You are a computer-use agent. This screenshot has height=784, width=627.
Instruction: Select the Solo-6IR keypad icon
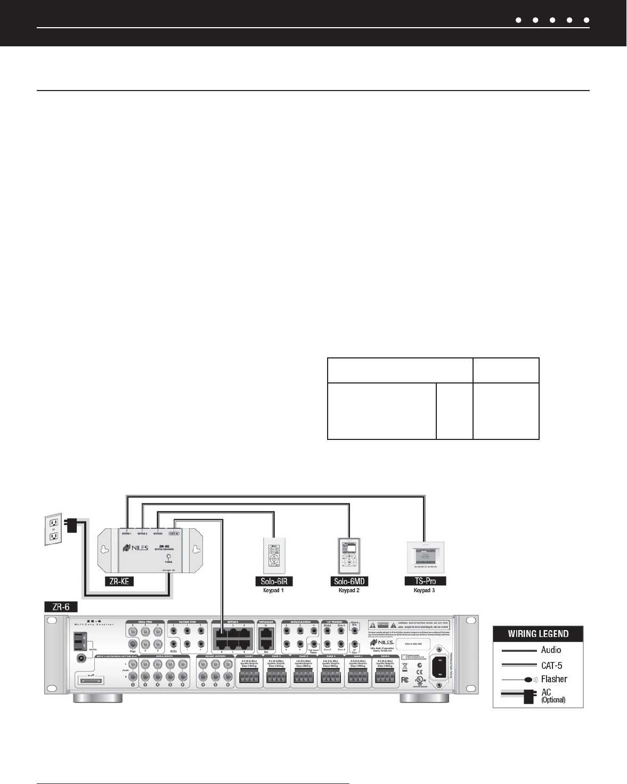click(274, 556)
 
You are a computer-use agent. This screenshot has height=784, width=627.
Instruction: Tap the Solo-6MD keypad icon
click(349, 556)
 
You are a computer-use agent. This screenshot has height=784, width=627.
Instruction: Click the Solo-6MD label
click(349, 581)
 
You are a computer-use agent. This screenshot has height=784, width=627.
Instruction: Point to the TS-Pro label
click(425, 581)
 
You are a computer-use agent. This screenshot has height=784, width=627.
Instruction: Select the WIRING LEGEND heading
click(538, 634)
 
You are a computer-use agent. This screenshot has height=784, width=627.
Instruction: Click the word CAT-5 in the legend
click(551, 665)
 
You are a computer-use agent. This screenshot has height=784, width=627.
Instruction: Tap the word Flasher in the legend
click(554, 679)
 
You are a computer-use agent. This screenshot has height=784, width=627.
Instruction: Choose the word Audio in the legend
click(551, 650)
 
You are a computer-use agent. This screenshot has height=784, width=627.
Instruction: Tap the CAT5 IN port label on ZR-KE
click(173, 533)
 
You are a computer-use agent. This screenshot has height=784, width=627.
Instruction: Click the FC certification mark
click(405, 680)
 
